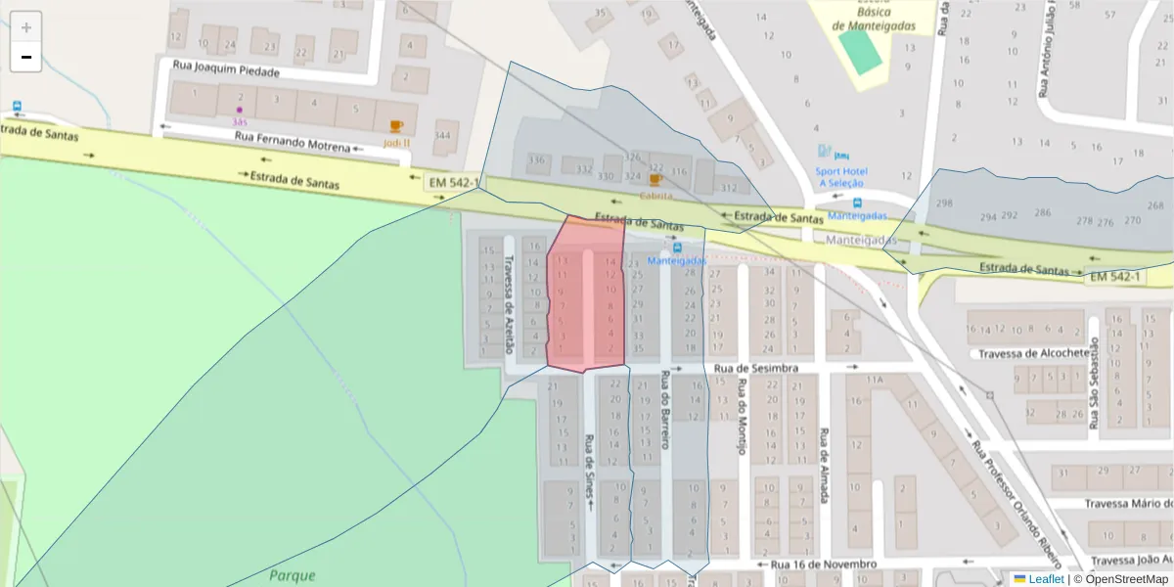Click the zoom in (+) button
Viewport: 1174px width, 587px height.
pyautogui.click(x=26, y=27)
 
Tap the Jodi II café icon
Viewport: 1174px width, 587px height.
pyautogui.click(x=395, y=126)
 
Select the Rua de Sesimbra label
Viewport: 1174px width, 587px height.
pyautogui.click(x=750, y=368)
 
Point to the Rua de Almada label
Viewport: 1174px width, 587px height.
pyautogui.click(x=825, y=465)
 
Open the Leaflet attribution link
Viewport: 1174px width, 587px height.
pyautogui.click(x=1046, y=579)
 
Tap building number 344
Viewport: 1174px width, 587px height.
pyautogui.click(x=443, y=136)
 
